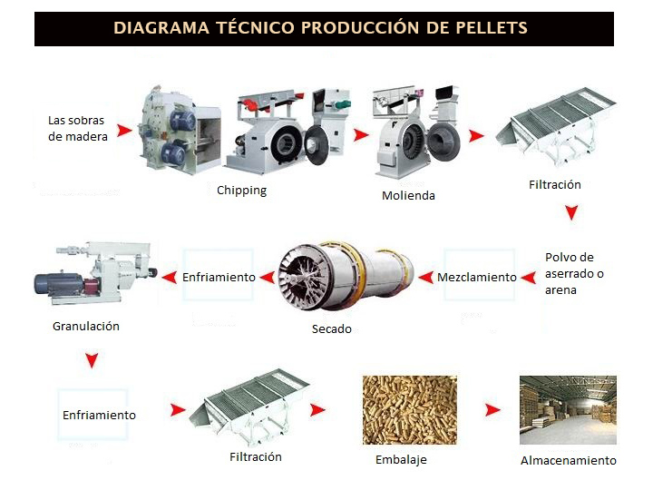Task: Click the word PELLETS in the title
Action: click(492, 28)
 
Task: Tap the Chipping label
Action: click(241, 191)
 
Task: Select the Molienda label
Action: click(408, 195)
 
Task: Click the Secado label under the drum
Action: click(332, 328)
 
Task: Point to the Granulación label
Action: click(86, 326)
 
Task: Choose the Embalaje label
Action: click(401, 459)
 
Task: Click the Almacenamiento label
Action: click(569, 460)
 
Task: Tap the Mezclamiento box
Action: click(479, 275)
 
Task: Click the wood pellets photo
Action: click(410, 410)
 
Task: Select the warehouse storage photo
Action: click(568, 410)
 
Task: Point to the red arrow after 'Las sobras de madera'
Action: click(123, 131)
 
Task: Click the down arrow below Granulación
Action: click(92, 360)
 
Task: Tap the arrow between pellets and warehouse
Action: click(492, 410)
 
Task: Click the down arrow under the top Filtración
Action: click(571, 212)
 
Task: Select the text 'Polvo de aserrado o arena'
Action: click(574, 273)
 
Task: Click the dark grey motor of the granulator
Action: click(59, 284)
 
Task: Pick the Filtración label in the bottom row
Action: click(256, 456)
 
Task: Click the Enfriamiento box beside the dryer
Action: click(219, 275)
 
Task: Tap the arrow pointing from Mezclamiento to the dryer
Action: click(425, 277)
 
